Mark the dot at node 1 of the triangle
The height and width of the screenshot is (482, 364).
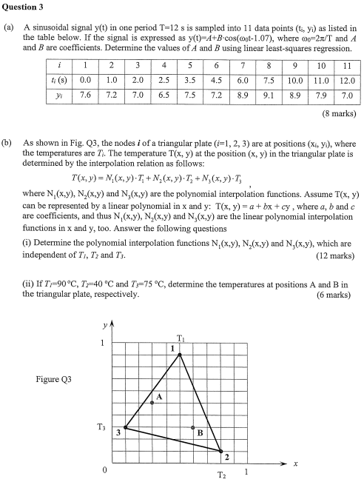click(180, 355)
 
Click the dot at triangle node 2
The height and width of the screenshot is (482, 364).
click(220, 450)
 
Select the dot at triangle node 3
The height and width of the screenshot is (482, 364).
click(125, 427)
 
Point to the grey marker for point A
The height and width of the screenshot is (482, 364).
click(152, 402)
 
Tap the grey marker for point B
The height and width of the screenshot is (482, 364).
click(193, 428)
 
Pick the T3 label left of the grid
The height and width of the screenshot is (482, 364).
click(101, 427)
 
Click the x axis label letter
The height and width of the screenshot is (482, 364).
click(295, 463)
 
